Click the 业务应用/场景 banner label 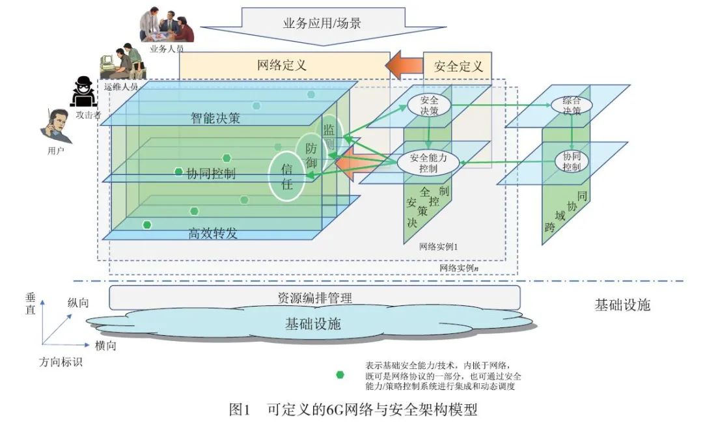point(322,23)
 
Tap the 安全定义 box point(458,66)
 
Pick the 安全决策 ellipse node point(429,105)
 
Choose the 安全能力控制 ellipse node point(428,162)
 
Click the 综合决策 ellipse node point(566,105)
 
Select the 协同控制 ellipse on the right point(572,161)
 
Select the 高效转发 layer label point(212,233)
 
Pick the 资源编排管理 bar point(314,297)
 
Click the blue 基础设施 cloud point(312,323)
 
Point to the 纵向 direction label point(78,303)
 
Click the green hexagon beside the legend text point(339,374)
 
